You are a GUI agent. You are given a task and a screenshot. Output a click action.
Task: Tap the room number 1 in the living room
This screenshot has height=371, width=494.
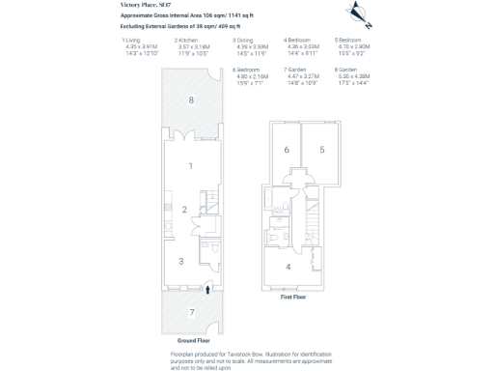tap(190, 166)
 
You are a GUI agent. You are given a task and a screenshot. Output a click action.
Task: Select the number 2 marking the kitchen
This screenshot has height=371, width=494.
tap(183, 210)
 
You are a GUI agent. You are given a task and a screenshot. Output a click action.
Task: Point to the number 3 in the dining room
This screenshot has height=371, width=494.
tap(179, 261)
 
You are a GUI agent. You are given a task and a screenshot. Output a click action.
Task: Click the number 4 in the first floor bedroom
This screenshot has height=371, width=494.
tap(288, 266)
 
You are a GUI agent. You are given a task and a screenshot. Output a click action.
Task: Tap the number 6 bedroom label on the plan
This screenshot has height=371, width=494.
tap(287, 149)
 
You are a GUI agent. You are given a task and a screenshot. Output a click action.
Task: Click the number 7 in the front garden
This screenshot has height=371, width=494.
tap(191, 312)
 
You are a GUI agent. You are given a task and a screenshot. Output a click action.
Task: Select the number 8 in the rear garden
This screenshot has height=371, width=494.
tap(190, 100)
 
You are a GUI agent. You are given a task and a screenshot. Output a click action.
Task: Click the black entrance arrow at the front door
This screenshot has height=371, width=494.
tap(209, 288)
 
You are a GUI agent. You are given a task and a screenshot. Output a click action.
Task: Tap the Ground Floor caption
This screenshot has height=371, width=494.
tap(192, 340)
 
